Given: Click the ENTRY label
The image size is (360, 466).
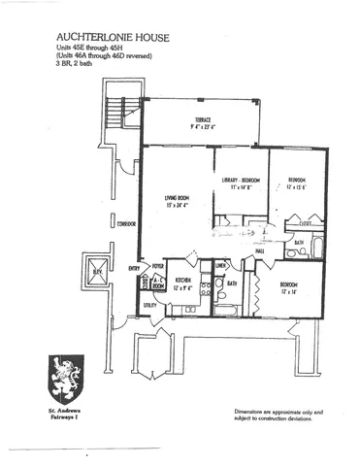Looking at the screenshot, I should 134,266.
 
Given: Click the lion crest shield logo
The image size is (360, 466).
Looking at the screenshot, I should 63,380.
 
